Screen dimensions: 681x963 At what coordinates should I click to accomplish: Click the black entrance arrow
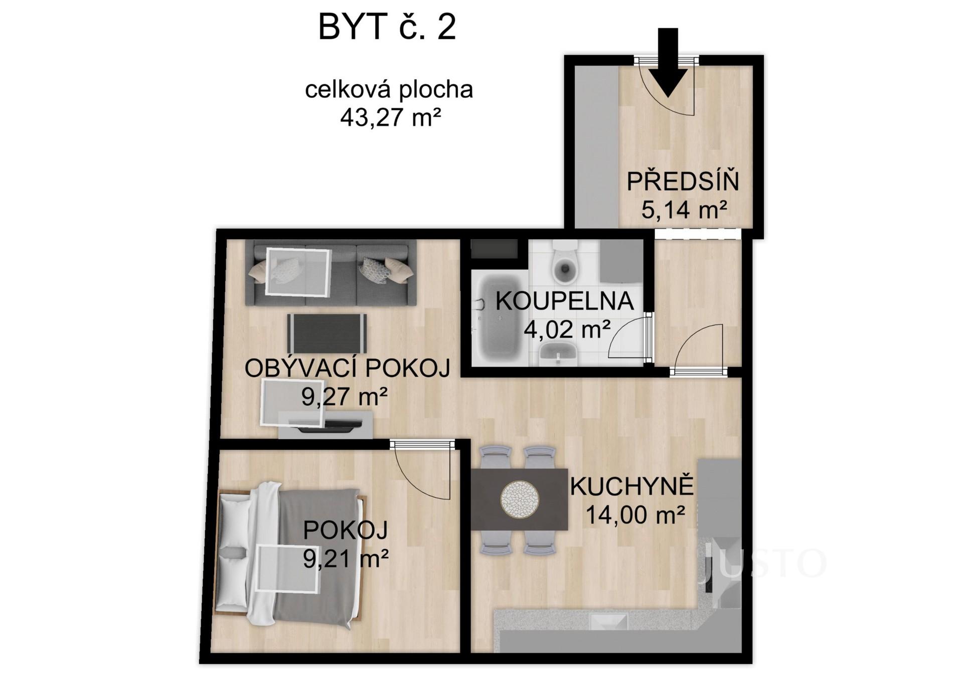pos(668,63)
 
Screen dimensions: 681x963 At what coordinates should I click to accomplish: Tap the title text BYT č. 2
pos(387,27)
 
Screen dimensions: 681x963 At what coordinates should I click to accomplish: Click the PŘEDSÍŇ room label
pos(683,182)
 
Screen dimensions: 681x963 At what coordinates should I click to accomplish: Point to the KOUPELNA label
pos(565,301)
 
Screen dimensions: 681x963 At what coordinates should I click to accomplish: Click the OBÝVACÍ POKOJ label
pos(347,369)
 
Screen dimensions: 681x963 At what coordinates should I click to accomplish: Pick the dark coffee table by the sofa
pos(327,333)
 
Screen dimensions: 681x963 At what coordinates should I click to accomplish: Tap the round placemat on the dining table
pos(520,499)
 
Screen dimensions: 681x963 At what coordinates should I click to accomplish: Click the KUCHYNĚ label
pos(632,486)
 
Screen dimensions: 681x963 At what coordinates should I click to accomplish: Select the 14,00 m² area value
pos(635,515)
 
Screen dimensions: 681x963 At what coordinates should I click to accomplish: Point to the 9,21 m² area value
pos(346,558)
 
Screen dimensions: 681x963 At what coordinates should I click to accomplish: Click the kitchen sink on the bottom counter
pos(608,622)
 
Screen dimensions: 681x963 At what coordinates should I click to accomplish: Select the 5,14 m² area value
pos(684,210)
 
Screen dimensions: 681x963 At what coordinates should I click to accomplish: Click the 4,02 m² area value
pos(567,329)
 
